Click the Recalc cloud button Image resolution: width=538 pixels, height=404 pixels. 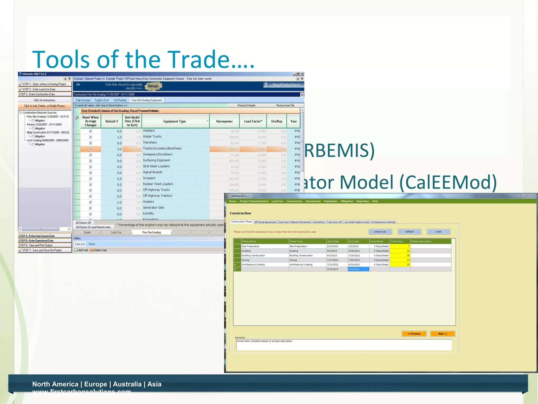click(153, 86)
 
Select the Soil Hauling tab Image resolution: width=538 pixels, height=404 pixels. click(120, 100)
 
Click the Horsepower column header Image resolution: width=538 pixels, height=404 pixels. click(224, 121)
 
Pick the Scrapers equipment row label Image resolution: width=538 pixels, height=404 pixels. click(149, 178)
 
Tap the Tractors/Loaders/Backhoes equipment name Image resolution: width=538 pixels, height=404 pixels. click(162, 149)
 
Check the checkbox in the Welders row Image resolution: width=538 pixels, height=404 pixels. click(91, 131)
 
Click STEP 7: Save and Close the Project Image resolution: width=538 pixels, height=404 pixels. click(42, 250)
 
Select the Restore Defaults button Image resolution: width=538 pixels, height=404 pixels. click(246, 105)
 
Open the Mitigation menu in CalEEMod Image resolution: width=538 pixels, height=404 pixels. click(347, 201)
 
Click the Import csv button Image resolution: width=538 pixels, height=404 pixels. click(380, 232)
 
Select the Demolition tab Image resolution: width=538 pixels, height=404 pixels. click(319, 222)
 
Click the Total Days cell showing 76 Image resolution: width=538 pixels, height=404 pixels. click(400, 255)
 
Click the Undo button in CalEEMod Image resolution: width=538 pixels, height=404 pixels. click(438, 232)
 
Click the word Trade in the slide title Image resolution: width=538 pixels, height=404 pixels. click(199, 59)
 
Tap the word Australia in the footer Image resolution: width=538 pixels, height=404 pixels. click(127, 384)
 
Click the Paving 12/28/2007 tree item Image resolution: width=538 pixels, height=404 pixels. click(44, 125)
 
